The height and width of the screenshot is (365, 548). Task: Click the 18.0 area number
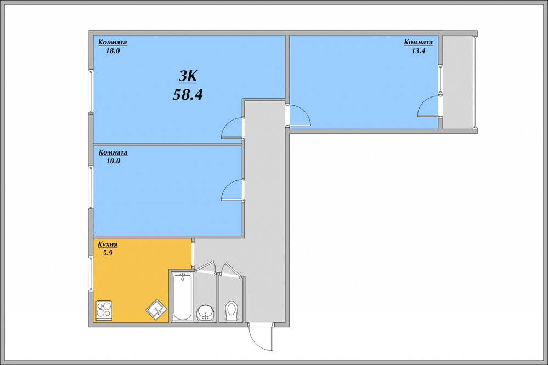pyautogui.click(x=113, y=50)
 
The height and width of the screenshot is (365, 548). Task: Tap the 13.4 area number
pyautogui.click(x=419, y=50)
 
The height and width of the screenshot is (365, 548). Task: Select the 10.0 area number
pyautogui.click(x=113, y=161)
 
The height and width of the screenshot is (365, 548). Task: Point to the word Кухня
pyautogui.click(x=108, y=244)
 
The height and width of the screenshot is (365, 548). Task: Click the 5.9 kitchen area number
pyautogui.click(x=108, y=253)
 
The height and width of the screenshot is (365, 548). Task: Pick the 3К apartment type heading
pyautogui.click(x=188, y=76)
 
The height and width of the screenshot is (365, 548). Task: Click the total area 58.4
pyautogui.click(x=188, y=94)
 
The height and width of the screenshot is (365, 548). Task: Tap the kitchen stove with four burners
pyautogui.click(x=104, y=310)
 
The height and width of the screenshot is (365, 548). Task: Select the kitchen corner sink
pyautogui.click(x=156, y=309)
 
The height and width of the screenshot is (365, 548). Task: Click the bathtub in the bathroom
pyautogui.click(x=182, y=296)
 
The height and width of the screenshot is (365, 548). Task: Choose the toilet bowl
pyautogui.click(x=231, y=311)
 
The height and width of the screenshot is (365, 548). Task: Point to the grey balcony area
pyautogui.click(x=458, y=82)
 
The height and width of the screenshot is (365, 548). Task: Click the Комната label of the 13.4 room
pyautogui.click(x=419, y=42)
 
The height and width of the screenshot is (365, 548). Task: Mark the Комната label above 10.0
pyautogui.click(x=113, y=152)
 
